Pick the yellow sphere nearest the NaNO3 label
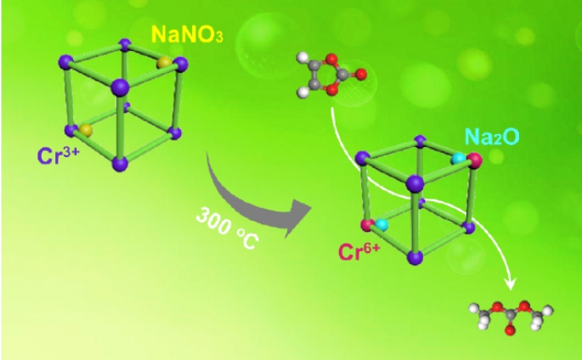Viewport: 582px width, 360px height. pyautogui.click(x=162, y=63)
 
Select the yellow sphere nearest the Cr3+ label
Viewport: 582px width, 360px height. pyautogui.click(x=85, y=130)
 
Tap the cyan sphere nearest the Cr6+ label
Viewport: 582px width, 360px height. pyautogui.click(x=381, y=224)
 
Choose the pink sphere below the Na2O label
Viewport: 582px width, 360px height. pyautogui.click(x=475, y=160)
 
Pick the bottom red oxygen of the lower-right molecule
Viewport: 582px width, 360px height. pyautogui.click(x=507, y=332)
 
